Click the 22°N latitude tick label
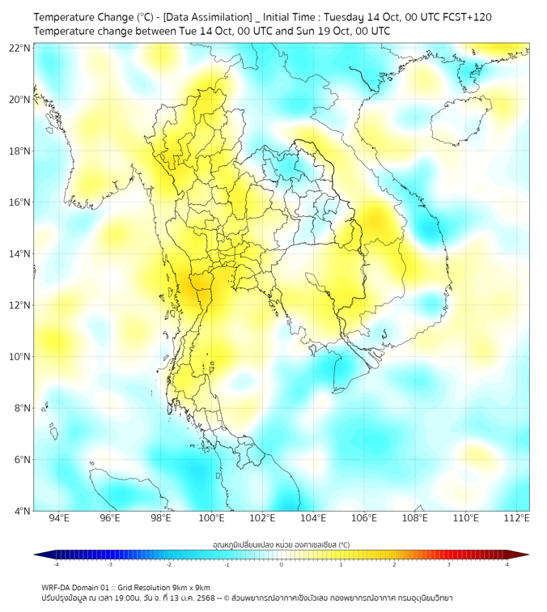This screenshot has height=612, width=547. tap(20, 48)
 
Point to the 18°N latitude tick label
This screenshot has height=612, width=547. tap(20, 151)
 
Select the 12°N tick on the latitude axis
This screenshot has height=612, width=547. tap(20, 305)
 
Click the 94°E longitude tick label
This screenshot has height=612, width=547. tap(59, 519)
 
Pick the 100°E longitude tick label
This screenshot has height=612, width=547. tap(212, 519)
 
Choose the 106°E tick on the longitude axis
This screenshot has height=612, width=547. tap(364, 519)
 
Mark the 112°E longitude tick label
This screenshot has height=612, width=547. tap(517, 519)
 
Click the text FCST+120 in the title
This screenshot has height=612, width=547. tap(464, 17)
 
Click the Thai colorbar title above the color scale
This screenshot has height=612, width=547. tap(281, 545)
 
